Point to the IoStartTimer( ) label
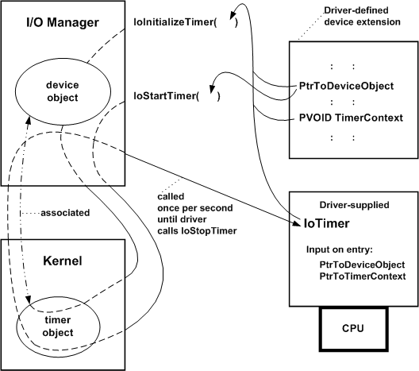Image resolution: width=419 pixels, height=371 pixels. tap(175, 96)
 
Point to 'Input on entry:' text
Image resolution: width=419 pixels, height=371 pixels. tap(342, 249)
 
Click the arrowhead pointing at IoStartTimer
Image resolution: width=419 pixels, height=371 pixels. tap(213, 79)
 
